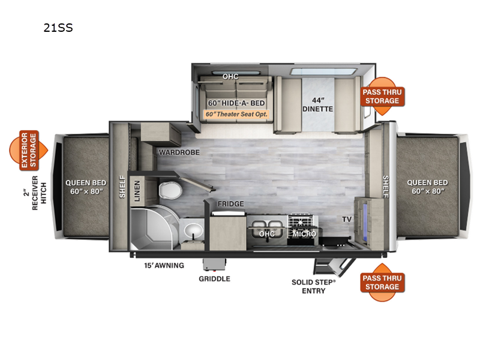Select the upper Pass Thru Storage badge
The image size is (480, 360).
[382, 96]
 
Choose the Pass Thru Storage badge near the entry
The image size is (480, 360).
[382, 282]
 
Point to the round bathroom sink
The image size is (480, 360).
[192, 229]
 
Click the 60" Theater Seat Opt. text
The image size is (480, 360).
[236, 113]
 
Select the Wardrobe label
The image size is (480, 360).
[178, 152]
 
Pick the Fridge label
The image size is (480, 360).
[230, 204]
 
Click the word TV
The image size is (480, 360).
[347, 220]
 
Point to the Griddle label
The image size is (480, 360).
[215, 278]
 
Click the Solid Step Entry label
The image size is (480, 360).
[313, 286]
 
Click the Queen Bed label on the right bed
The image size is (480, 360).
[427, 187]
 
